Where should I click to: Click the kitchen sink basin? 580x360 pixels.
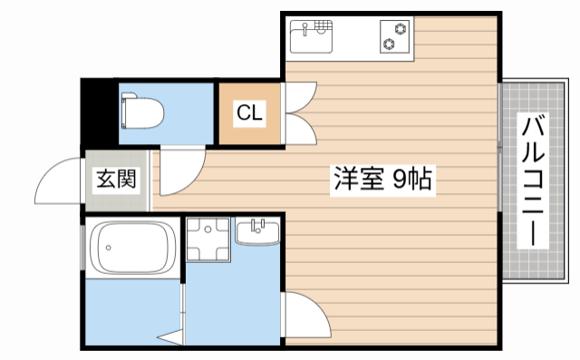[311, 38]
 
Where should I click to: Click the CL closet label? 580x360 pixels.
[249, 113]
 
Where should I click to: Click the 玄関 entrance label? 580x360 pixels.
[117, 179]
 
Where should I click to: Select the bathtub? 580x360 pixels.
[132, 246]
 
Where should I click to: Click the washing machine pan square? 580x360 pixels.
[208, 239]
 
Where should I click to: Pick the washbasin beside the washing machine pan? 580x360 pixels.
[257, 233]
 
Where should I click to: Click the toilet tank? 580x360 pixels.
[127, 112]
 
